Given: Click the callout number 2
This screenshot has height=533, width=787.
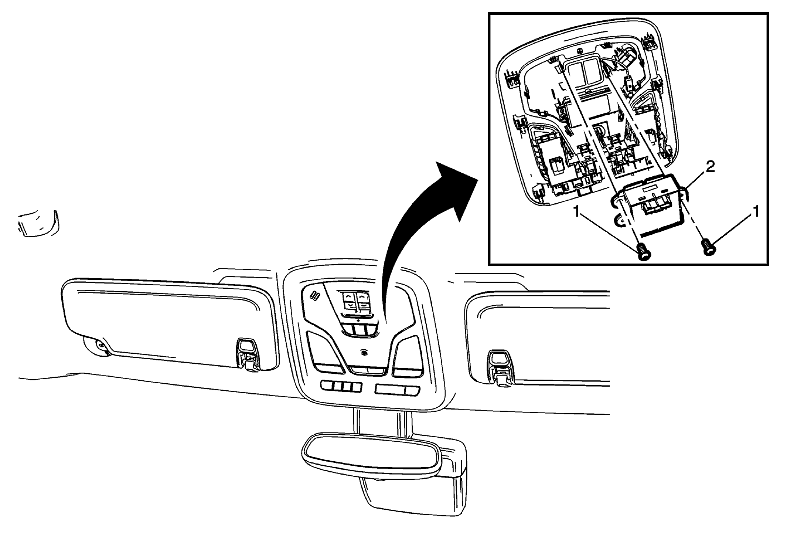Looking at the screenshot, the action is [710, 167].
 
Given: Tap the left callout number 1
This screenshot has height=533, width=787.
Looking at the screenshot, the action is [577, 213].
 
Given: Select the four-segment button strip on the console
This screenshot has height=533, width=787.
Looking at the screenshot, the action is [341, 387].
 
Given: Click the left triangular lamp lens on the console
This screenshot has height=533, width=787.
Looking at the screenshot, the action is [327, 354].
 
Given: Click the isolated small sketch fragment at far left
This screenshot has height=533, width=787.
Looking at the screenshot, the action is [38, 223].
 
